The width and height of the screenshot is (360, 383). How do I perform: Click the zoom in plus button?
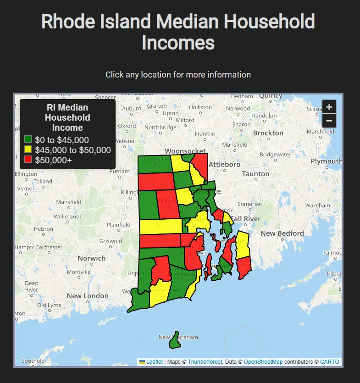coord(329,107)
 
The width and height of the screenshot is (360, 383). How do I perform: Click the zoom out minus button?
coord(329,121)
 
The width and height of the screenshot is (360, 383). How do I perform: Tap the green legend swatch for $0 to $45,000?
coord(28,140)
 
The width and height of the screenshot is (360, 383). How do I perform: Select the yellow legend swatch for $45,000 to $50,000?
coord(28,150)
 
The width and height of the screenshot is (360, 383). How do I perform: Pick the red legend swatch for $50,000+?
coord(28,159)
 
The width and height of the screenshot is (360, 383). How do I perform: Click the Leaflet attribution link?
coord(154,362)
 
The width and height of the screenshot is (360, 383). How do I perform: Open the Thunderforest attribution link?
coord(205,362)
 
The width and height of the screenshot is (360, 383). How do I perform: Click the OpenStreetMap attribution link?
coord(263,362)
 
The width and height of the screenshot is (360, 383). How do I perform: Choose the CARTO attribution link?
coord(330,362)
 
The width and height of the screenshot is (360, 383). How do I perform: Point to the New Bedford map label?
coord(282,233)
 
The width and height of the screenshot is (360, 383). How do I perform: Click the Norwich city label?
coord(91,258)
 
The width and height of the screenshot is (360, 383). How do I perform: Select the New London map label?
coord(88,296)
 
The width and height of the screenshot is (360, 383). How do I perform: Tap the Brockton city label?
coord(268,133)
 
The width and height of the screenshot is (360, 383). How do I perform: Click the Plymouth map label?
coord(326,161)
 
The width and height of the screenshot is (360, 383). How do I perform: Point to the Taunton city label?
coord(255,174)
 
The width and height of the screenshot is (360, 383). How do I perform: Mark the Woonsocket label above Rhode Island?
coord(185,151)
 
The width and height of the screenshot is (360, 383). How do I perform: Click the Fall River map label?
coord(245,219)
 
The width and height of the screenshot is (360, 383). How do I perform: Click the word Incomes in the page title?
coord(178,43)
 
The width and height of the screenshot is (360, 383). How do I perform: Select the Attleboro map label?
coord(224,164)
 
